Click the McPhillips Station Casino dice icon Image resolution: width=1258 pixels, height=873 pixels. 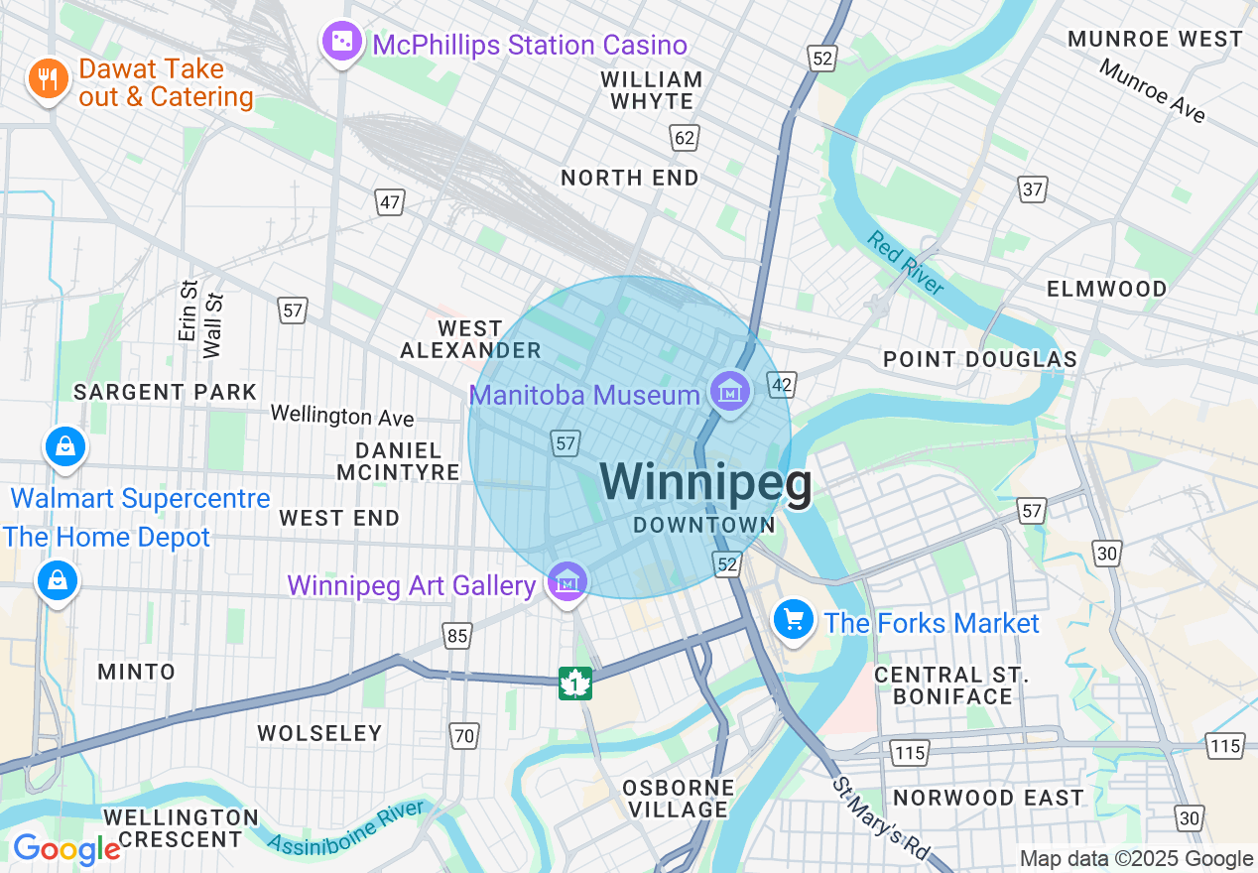point(341,42)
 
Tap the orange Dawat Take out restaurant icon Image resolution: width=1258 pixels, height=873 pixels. point(48,79)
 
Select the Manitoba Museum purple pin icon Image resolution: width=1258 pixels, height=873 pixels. point(730,393)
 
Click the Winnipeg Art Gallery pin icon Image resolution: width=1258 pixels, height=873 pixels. point(567,583)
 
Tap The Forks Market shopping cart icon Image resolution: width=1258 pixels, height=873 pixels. point(793,621)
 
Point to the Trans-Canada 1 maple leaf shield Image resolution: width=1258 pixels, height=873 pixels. point(575,684)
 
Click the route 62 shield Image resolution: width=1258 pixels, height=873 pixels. point(685,137)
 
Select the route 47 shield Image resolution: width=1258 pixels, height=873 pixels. point(390,202)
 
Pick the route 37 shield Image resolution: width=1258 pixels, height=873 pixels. point(1033,188)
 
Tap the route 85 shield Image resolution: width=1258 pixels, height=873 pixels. point(457,636)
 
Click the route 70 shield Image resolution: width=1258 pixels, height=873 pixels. point(463,735)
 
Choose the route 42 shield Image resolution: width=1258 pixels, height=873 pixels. point(782,385)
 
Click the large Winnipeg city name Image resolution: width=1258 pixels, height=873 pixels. point(705,483)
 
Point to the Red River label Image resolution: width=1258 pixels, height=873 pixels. point(905,263)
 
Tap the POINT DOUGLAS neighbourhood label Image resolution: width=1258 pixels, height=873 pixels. point(979,359)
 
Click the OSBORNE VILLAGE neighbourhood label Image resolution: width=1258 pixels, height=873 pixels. point(679,799)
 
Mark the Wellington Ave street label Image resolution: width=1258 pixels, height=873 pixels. point(342,415)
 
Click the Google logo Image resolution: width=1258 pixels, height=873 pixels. point(66,849)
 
